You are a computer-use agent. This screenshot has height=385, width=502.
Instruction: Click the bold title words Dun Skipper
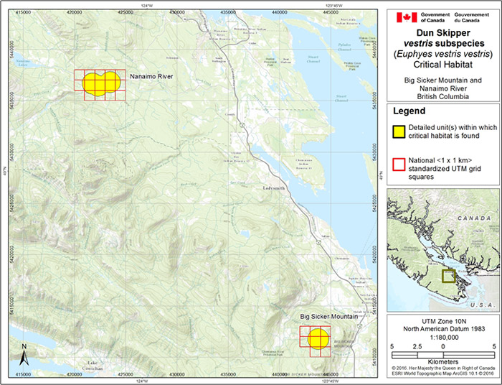tap(442, 32)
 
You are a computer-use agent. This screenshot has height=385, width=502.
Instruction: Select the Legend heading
tap(409, 111)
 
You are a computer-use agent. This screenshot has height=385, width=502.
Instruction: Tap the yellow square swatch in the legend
tap(399, 131)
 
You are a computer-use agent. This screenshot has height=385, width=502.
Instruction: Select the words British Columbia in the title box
tap(442, 95)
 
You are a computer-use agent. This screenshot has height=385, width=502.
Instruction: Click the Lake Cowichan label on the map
tap(92, 364)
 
